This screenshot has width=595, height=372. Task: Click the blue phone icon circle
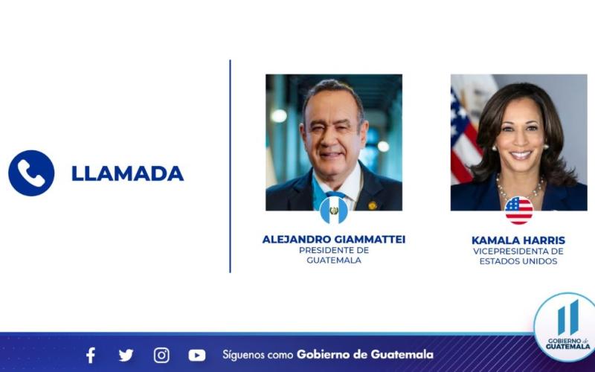31,173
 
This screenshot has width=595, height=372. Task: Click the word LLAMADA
127,173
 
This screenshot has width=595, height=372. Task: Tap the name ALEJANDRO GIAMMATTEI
334,240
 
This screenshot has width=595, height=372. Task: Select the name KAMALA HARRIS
518,240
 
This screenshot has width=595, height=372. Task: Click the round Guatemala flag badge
334,211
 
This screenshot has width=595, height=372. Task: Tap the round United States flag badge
518,211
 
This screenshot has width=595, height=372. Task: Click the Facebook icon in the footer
91,355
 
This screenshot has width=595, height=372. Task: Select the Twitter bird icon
126,355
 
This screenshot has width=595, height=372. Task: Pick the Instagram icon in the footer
161,355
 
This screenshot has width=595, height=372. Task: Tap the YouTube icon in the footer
197,355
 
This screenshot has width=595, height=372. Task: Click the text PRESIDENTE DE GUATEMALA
334,255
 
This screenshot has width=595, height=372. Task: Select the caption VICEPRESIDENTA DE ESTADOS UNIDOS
518,256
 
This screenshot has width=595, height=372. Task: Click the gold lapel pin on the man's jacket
373,204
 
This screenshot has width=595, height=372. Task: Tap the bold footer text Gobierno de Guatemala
364,355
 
